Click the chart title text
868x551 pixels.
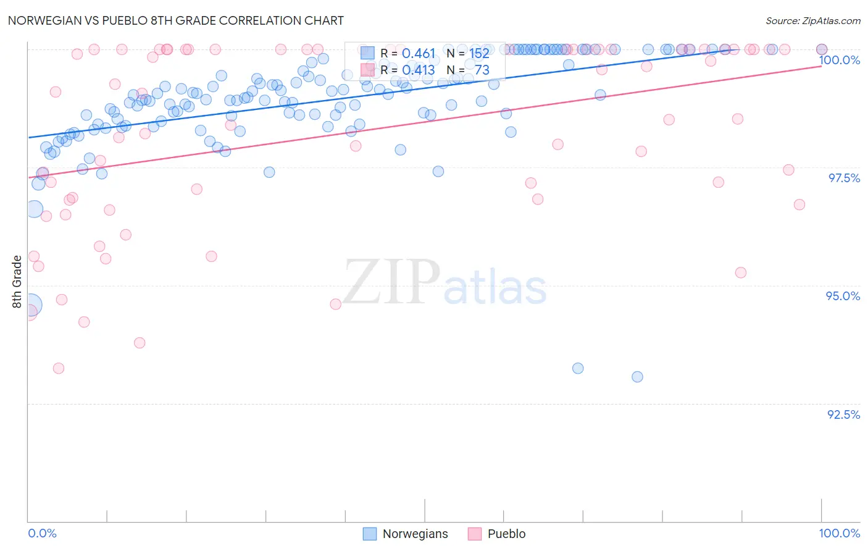point(176,20)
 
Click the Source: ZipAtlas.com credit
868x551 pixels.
point(812,21)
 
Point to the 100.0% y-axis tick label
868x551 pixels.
point(839,60)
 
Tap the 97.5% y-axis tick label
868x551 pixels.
point(843,178)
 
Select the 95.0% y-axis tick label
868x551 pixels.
point(843,296)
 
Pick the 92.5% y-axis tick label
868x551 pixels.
point(843,414)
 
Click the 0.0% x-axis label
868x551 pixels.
point(42,533)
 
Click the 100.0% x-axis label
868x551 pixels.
point(839,533)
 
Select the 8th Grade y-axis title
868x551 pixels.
point(17,281)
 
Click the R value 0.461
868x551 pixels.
point(419,54)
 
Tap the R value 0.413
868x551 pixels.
point(419,70)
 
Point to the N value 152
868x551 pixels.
point(479,54)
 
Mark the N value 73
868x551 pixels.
point(482,70)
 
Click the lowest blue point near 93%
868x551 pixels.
point(637,377)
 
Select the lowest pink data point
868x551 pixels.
point(59,368)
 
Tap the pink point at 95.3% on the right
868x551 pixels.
point(741,272)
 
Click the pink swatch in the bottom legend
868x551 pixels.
point(474,534)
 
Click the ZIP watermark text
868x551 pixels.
point(391,283)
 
